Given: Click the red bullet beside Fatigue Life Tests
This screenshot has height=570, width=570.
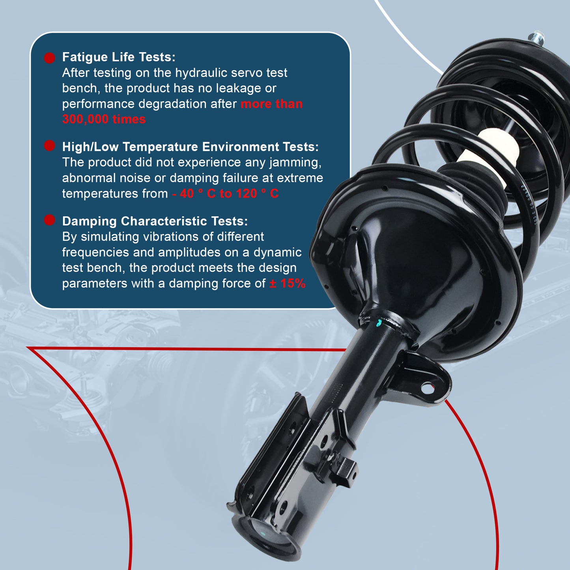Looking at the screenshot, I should (49, 58).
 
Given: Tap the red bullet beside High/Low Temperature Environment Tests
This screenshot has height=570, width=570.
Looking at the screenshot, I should (49, 146).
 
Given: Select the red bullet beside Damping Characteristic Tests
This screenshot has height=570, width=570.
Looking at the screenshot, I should (49, 220).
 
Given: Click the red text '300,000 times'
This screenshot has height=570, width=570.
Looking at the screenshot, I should (104, 119).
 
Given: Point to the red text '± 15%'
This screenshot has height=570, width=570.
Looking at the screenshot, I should (287, 283).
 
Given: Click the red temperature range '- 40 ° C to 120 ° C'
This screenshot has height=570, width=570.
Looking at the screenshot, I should (225, 194).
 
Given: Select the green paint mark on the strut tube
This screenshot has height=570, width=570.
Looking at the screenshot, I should (379, 323).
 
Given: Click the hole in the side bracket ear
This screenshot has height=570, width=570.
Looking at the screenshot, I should (427, 389).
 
